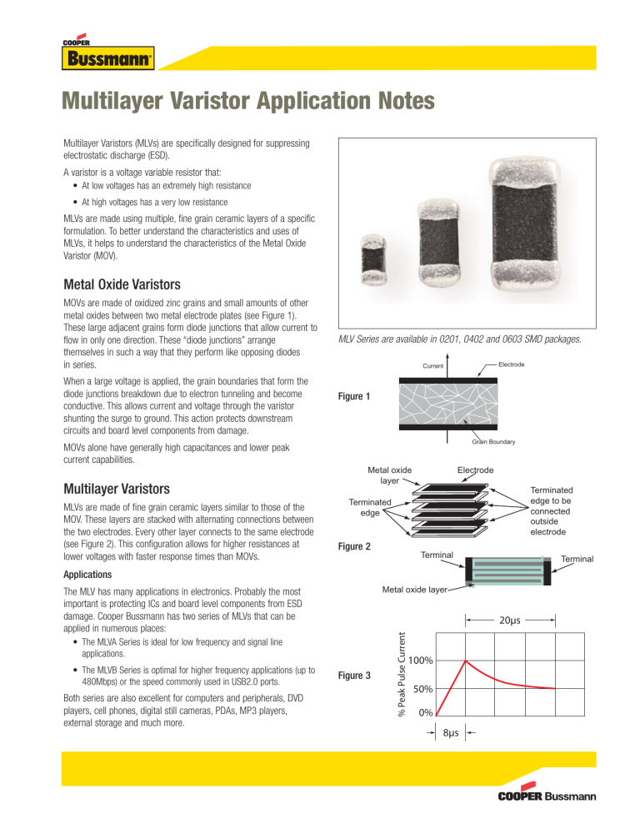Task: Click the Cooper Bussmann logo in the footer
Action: (547, 796)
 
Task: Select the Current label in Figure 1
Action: (433, 366)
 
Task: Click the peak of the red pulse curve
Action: (466, 661)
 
